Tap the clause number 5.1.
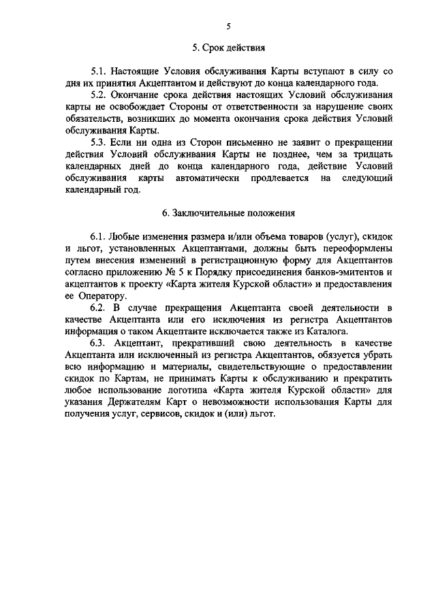(99, 71)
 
